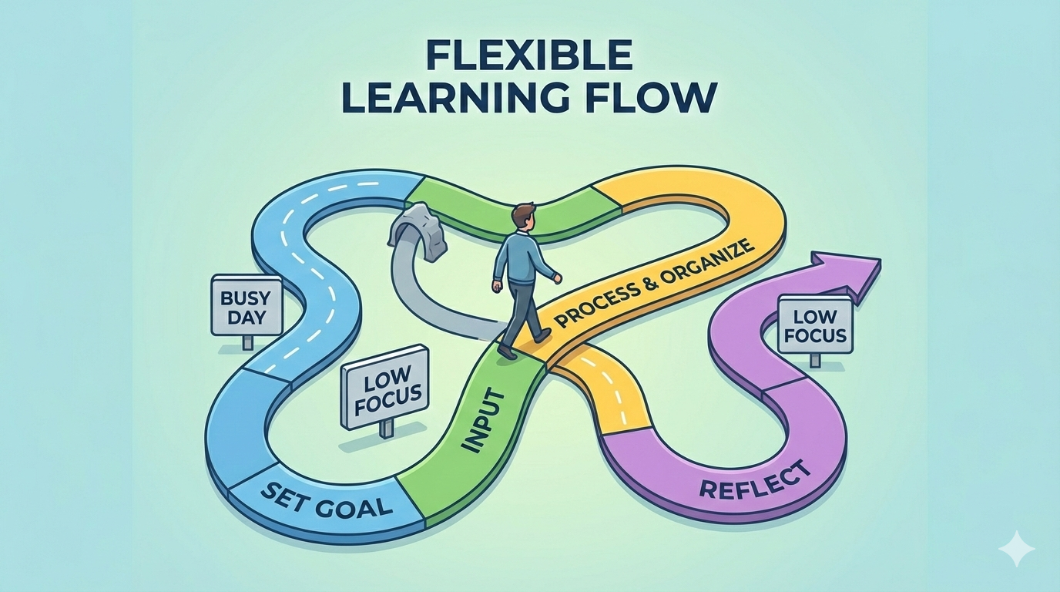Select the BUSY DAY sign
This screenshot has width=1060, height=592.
click(x=247, y=306)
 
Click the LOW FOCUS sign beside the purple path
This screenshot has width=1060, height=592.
click(x=815, y=325)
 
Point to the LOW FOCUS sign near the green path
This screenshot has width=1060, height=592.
click(x=384, y=387)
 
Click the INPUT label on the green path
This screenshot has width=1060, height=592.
click(x=485, y=419)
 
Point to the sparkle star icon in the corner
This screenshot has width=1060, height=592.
click(x=1016, y=548)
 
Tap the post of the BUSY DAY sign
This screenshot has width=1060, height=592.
click(x=247, y=342)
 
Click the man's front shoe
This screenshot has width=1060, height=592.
click(x=542, y=335)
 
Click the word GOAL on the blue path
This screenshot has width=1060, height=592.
click(x=354, y=506)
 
